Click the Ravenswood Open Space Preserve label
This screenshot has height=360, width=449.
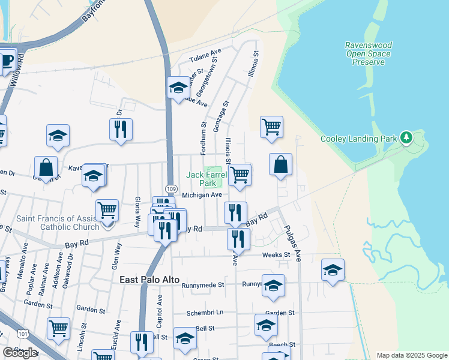click(368, 53)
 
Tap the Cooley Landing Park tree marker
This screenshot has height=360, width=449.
click(407, 138)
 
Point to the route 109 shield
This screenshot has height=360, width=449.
click(172, 189)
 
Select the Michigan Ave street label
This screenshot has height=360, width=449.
click(202, 195)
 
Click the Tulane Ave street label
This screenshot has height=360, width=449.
click(205, 58)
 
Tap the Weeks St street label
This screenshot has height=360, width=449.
click(276, 255)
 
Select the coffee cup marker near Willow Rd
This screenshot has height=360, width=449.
click(7, 61)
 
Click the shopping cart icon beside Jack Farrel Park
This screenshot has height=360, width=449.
click(240, 175)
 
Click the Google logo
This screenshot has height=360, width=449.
click(20, 353)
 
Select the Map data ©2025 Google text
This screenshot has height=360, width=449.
click(411, 355)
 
